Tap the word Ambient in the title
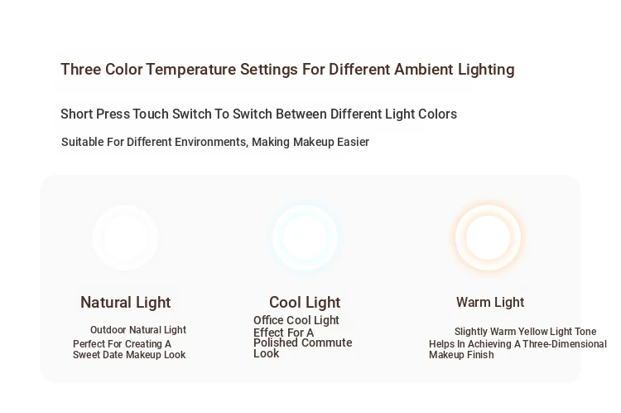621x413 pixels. [x=424, y=70]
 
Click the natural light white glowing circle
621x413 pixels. [x=126, y=237]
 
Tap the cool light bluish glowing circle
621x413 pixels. [x=305, y=238]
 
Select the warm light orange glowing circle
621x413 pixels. [x=488, y=237]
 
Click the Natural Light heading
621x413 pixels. [x=126, y=303]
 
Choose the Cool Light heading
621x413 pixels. [x=305, y=303]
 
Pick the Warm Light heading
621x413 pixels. [x=490, y=303]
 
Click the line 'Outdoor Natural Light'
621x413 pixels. [x=138, y=330]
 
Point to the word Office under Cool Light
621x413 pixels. [x=268, y=320]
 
